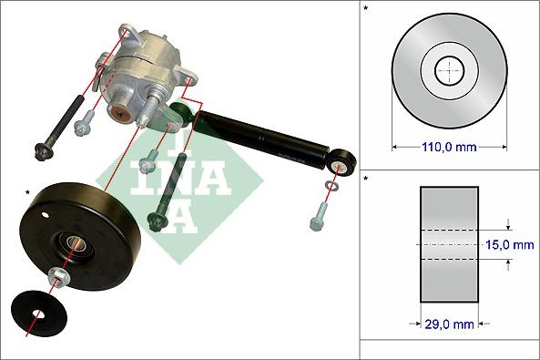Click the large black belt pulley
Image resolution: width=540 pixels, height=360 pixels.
[x=100, y=228]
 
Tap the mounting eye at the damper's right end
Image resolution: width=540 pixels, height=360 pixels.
[x=346, y=165]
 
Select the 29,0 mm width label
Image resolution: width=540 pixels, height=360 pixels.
[x=449, y=323]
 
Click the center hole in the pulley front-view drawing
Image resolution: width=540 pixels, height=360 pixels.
[x=449, y=69]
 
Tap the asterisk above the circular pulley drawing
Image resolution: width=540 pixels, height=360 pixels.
[x=366, y=9]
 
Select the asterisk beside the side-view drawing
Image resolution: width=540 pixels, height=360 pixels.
[x=366, y=180]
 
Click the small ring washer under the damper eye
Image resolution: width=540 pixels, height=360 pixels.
[x=330, y=189]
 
